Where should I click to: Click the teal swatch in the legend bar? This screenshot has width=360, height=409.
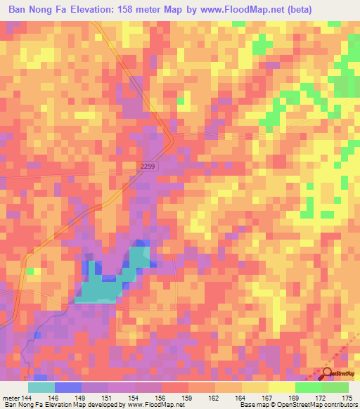tap(41, 387)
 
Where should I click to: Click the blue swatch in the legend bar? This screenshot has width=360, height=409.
tap(68, 387)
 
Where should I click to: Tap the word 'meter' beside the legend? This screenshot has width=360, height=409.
tap(11, 398)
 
